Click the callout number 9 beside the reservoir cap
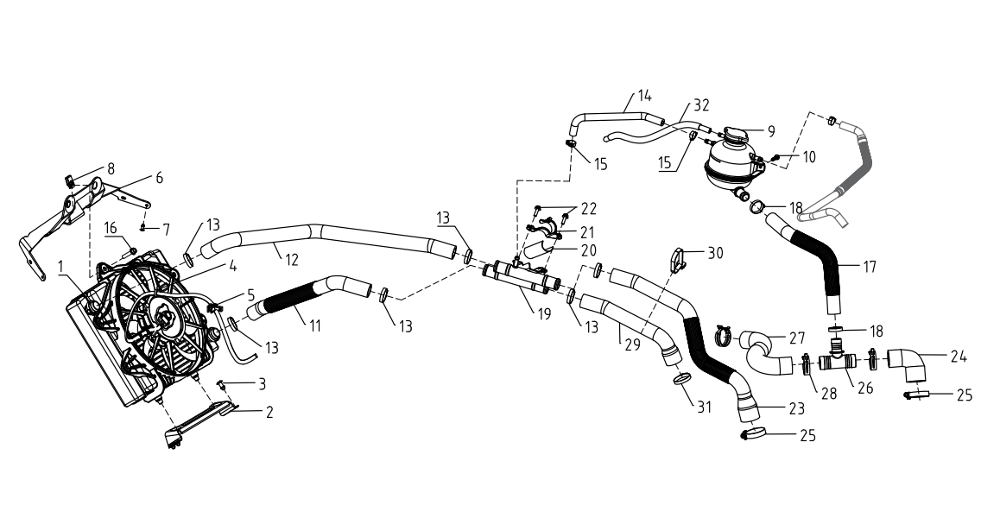771,131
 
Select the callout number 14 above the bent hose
644,97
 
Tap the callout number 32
701,105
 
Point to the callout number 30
716,253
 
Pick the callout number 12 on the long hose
291,260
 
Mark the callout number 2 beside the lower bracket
269,413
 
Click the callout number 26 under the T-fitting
864,388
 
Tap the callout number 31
704,407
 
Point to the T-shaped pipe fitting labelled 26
836,360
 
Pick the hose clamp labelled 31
681,380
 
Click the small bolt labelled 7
144,227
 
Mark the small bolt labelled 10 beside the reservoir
775,157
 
